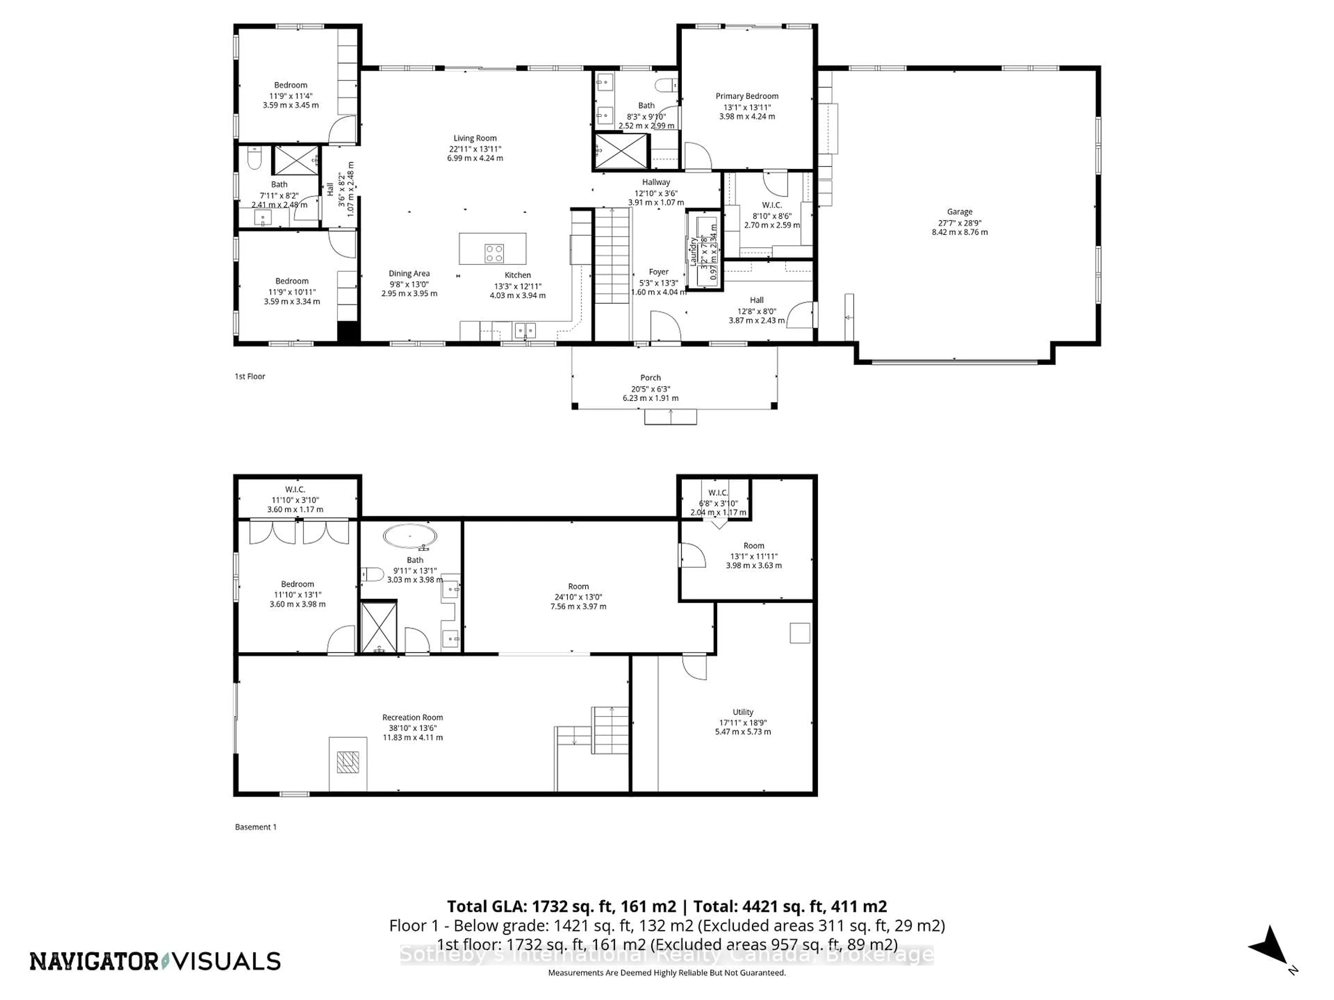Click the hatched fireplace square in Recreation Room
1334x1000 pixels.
(347, 762)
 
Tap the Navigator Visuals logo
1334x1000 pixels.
(155, 961)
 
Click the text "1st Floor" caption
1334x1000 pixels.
(250, 376)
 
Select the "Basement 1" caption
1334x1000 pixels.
(256, 827)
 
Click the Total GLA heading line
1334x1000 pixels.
(666, 906)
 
